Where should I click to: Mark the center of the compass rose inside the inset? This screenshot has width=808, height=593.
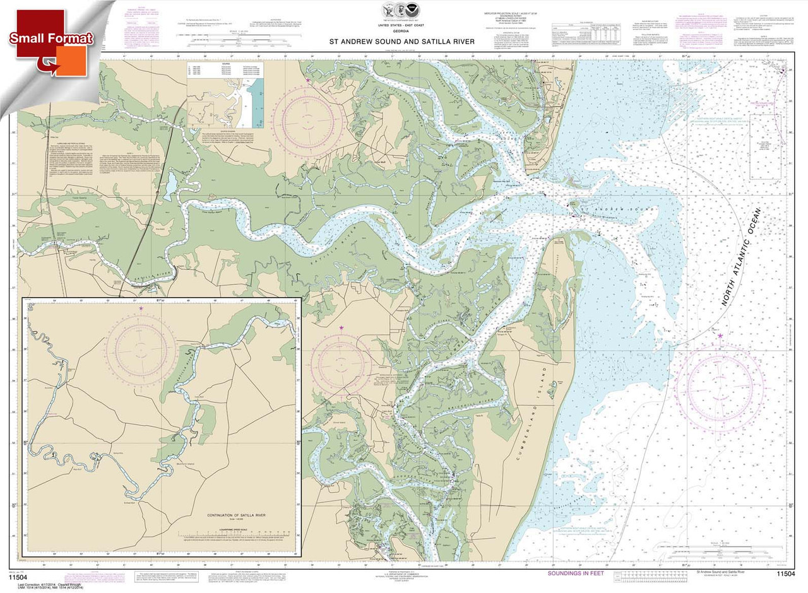click(x=141, y=348)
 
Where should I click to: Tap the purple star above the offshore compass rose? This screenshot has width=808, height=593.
click(x=720, y=336)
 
